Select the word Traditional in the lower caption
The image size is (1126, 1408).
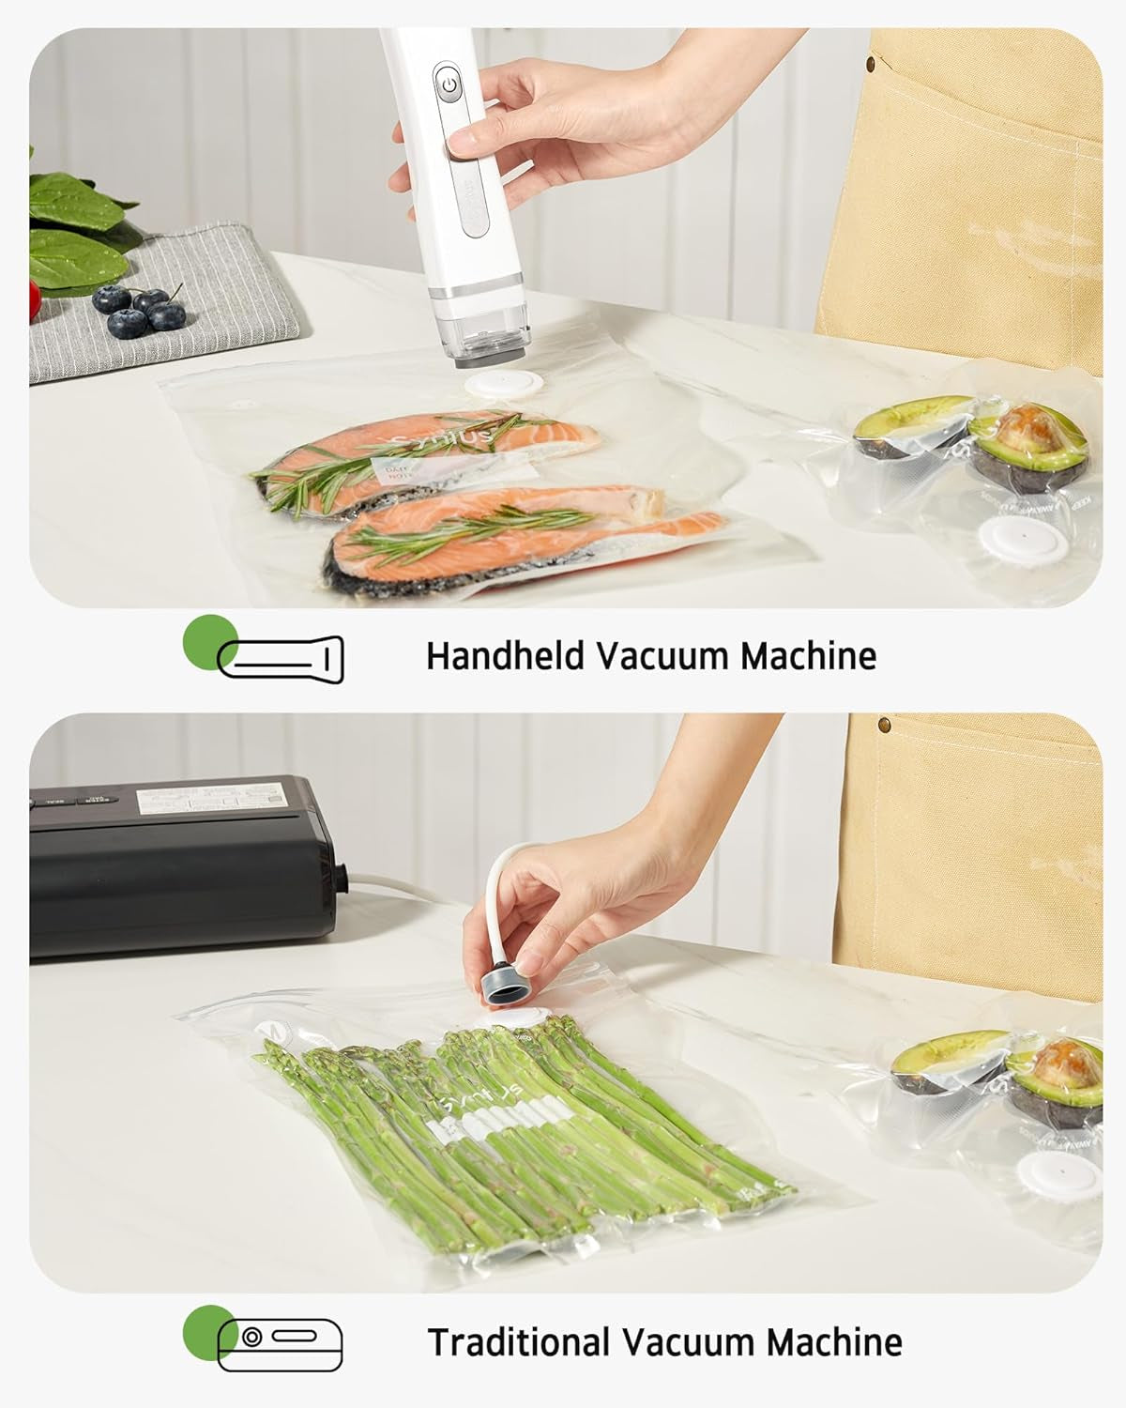(515, 1342)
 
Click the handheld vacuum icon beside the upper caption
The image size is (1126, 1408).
(281, 657)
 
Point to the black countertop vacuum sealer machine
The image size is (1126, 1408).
(178, 864)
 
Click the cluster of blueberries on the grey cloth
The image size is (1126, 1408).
(141, 310)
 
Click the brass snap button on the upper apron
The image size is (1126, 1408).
(872, 64)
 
